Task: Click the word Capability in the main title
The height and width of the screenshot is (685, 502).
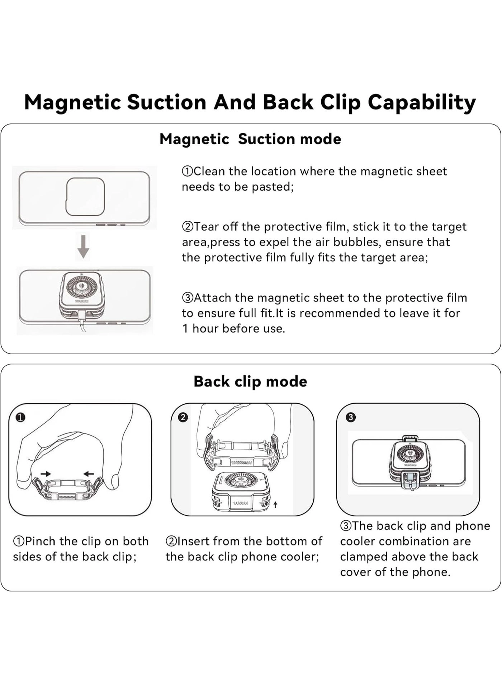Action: coord(422,103)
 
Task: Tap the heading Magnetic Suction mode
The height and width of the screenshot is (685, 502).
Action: coord(250,139)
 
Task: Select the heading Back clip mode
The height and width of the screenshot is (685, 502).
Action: coord(250,381)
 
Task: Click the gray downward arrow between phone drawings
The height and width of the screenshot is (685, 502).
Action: coord(84,247)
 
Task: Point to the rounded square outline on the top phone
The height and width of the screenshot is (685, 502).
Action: coord(85,197)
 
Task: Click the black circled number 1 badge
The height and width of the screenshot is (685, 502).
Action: coord(21,417)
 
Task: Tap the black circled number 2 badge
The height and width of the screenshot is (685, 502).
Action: coord(183,417)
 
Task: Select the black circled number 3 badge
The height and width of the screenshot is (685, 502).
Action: coord(350,417)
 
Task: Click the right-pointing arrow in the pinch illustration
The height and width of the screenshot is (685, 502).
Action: coord(46,474)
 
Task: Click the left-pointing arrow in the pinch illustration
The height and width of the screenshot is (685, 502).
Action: coord(88,474)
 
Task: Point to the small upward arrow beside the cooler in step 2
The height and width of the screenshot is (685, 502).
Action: coord(275,505)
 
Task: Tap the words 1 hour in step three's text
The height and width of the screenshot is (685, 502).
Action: coord(200,329)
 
